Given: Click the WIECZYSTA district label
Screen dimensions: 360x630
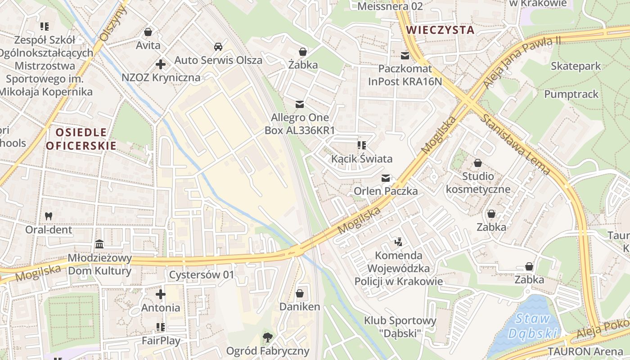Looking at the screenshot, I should (440, 30).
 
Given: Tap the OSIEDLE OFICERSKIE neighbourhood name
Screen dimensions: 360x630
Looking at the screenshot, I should (81, 139).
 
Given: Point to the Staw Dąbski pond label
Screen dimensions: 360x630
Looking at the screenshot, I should (533, 326).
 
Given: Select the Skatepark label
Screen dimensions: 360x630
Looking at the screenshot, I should (576, 66).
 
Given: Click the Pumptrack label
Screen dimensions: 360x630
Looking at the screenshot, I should (571, 94).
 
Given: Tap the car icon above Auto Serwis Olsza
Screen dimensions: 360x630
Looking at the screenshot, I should (218, 47).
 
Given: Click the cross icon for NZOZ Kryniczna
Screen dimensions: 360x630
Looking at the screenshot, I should (161, 64).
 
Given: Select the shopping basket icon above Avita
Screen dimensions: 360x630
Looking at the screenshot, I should (148, 32).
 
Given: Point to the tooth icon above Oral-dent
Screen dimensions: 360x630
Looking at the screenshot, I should (49, 216).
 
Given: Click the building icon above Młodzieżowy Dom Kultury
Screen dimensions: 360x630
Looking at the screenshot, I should (99, 244).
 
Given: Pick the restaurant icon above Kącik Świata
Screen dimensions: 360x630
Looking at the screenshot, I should (361, 145).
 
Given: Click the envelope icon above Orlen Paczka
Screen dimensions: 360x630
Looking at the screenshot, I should (386, 178).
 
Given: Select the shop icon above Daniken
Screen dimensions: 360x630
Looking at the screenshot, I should (300, 293).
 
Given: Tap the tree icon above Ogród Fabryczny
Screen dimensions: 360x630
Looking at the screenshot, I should (268, 337).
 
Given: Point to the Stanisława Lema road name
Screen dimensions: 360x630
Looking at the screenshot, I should (516, 144).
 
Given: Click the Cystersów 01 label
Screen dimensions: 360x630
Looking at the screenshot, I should (202, 274).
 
